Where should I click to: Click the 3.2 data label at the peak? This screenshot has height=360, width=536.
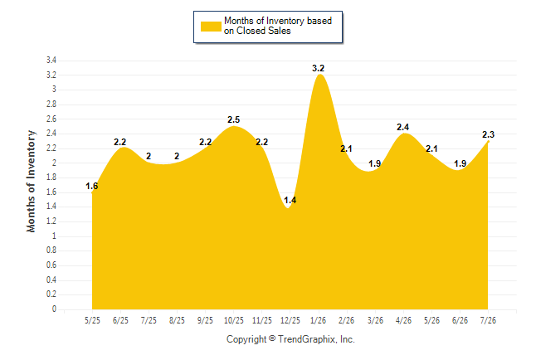[x=318, y=68]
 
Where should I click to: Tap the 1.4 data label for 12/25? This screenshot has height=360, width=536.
[x=290, y=201]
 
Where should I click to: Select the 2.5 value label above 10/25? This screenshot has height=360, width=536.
[x=233, y=119]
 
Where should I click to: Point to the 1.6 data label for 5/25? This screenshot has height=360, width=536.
[x=91, y=186]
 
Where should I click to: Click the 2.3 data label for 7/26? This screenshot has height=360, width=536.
[x=488, y=134]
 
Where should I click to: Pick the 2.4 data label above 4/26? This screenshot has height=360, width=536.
[x=402, y=127]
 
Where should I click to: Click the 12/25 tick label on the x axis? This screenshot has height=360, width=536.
[x=290, y=320]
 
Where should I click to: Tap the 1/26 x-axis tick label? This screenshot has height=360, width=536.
[x=318, y=320]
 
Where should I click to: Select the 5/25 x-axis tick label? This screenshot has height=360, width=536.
[x=92, y=320]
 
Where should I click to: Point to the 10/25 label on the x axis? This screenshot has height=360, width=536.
[x=234, y=320]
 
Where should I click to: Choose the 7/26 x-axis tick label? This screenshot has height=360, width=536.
[x=488, y=320]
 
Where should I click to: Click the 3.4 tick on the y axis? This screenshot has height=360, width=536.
[x=51, y=61]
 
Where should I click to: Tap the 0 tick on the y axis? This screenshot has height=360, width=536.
[x=54, y=309]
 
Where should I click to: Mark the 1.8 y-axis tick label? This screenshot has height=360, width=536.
[x=51, y=178]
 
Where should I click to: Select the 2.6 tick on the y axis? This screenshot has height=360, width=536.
[x=51, y=119]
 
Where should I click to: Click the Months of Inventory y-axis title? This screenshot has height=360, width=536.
[x=31, y=181]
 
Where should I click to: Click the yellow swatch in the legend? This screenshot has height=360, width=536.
[x=211, y=27]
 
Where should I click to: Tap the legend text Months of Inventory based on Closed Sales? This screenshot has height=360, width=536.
[x=278, y=26]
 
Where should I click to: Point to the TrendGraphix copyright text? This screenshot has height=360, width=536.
[x=290, y=339]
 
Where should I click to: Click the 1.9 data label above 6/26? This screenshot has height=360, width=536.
[x=460, y=163]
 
